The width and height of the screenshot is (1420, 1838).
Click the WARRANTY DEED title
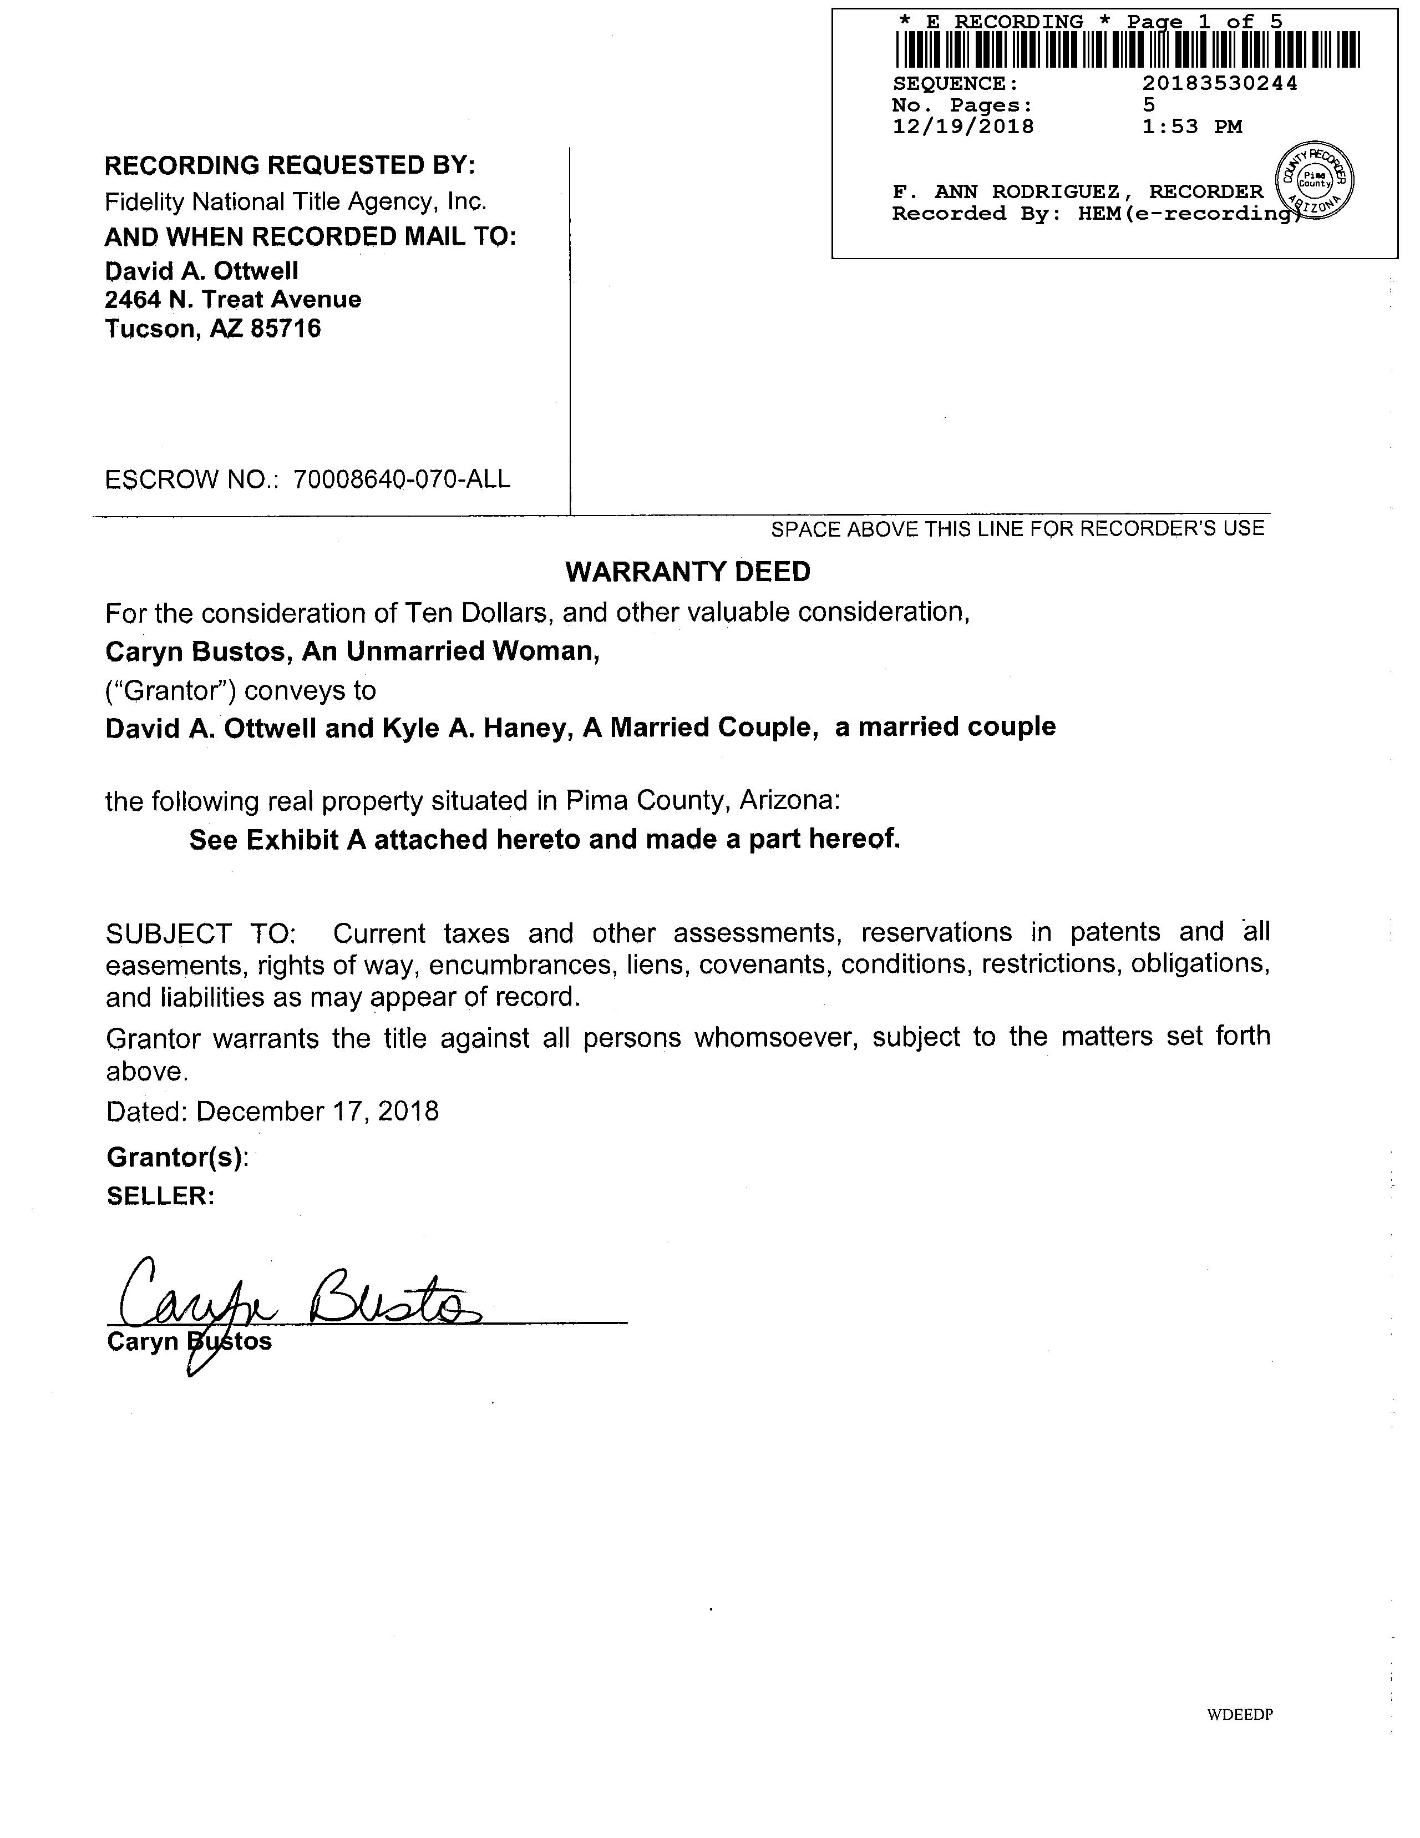point(687,572)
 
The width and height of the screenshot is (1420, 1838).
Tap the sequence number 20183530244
point(1219,83)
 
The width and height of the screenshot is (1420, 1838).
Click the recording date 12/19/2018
point(962,127)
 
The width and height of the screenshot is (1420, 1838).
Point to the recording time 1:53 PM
point(1192,127)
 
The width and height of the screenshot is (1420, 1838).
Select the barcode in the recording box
point(1127,49)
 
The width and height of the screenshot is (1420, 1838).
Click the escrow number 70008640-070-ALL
point(401,479)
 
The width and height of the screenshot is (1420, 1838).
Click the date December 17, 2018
point(317,1112)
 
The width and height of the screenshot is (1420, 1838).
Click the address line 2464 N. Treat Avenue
point(233,300)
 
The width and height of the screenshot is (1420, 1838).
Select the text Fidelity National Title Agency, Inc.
point(295,202)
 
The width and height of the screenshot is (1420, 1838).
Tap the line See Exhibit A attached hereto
point(544,840)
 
